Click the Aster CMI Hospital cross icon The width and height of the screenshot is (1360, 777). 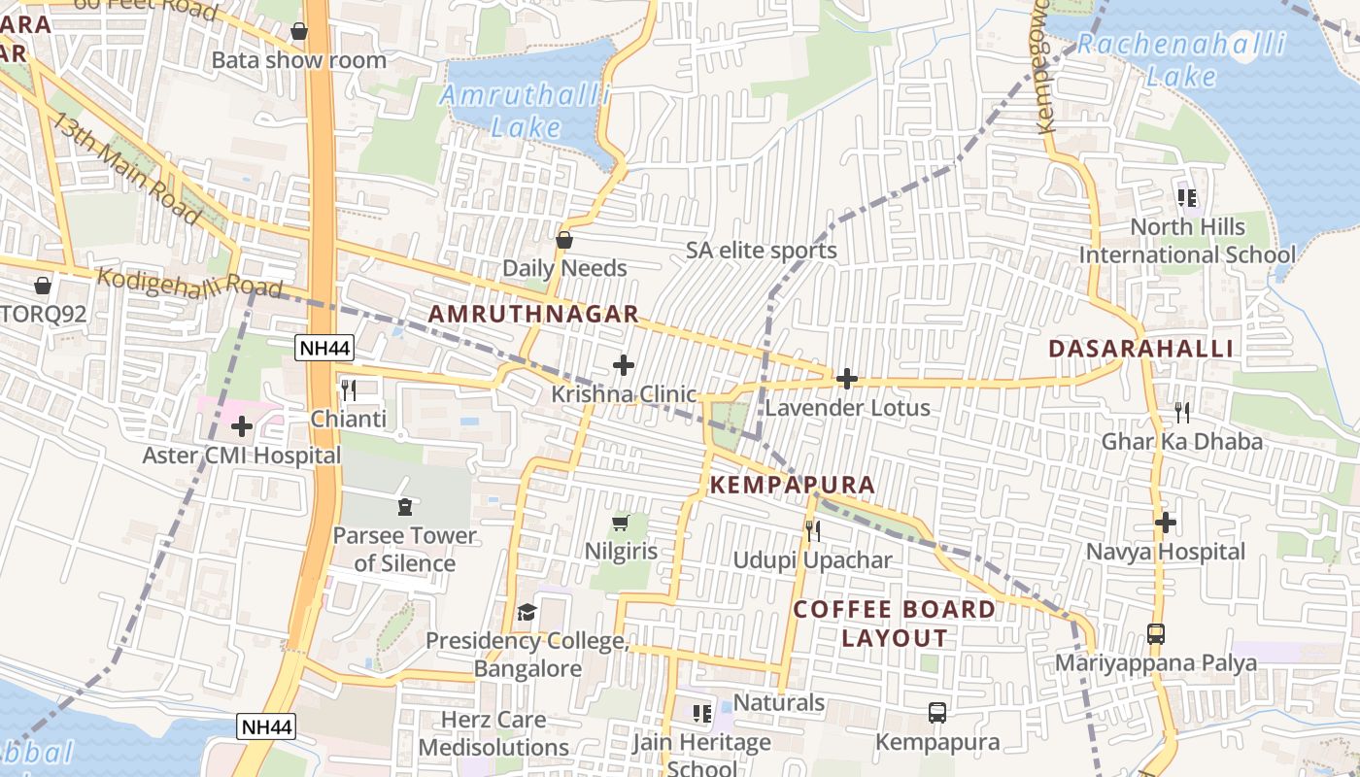242,425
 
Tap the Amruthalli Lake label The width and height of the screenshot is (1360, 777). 526,111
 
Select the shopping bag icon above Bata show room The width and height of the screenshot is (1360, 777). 299,32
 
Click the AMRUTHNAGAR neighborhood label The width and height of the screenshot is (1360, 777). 533,314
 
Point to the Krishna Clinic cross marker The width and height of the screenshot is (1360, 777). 624,365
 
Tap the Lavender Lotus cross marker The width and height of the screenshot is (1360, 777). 847,379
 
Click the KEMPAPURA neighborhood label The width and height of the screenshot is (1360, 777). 793,485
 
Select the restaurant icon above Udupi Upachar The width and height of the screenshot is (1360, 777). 813,531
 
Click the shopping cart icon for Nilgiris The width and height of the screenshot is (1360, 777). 621,524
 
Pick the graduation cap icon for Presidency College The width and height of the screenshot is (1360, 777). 527,612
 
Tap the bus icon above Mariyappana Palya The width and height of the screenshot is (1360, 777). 1156,634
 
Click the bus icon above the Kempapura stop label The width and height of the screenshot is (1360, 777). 937,713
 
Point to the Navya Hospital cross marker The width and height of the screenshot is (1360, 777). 1166,523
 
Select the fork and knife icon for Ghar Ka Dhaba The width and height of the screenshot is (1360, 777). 1182,413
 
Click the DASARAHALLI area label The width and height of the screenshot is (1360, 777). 1141,349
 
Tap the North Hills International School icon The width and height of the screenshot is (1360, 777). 1187,198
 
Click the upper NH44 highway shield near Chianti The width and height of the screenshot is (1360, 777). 324,348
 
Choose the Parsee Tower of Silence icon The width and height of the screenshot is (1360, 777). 404,507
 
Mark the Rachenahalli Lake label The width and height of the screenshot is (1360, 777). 1181,59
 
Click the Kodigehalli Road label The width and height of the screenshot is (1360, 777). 189,283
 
